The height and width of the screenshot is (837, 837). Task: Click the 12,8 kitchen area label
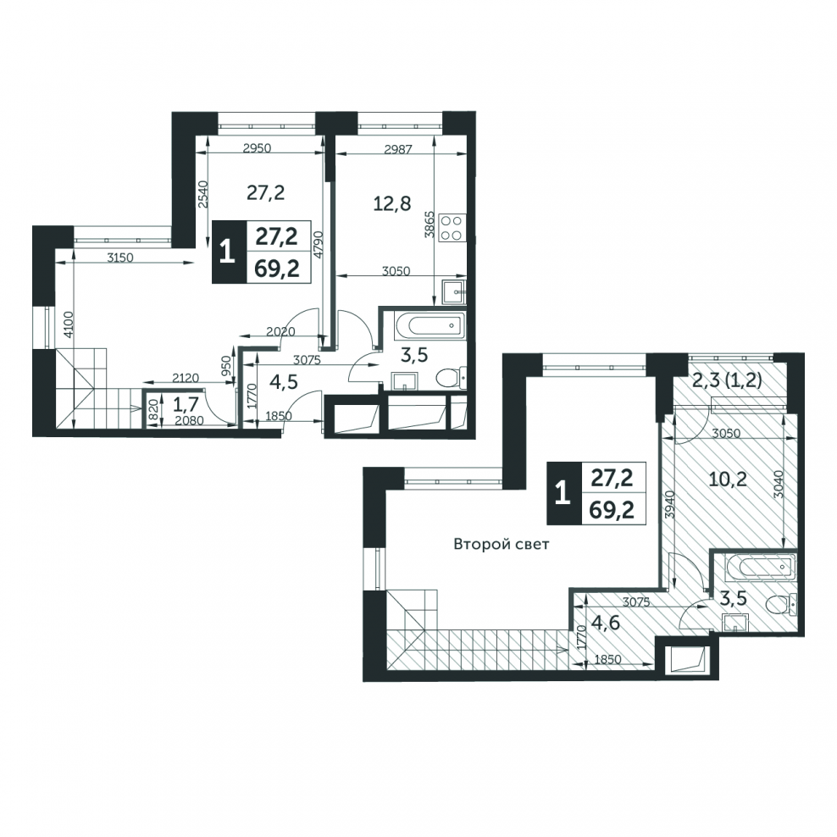391,203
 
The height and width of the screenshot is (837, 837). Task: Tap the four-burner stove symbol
452,229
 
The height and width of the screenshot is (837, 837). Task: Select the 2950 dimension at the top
257,148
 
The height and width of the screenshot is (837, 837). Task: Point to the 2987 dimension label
398,150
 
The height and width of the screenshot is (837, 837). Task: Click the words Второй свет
502,545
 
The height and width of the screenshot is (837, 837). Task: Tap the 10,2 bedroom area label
728,479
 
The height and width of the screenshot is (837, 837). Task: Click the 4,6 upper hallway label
606,623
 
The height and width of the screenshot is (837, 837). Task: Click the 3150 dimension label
120,258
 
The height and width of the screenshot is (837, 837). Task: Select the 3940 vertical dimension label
672,505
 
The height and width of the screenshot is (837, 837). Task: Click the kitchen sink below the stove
454,291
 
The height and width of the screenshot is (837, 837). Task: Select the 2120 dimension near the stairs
186,378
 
